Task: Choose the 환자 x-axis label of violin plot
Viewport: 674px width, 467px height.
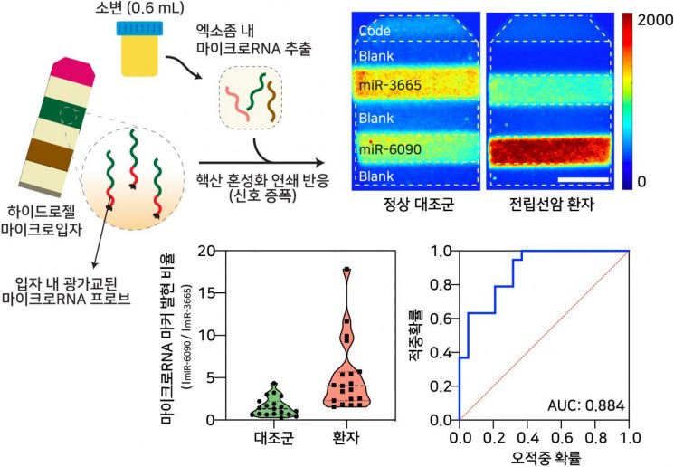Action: [x=348, y=440]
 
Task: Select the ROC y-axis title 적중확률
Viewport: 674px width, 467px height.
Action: [x=417, y=335]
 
